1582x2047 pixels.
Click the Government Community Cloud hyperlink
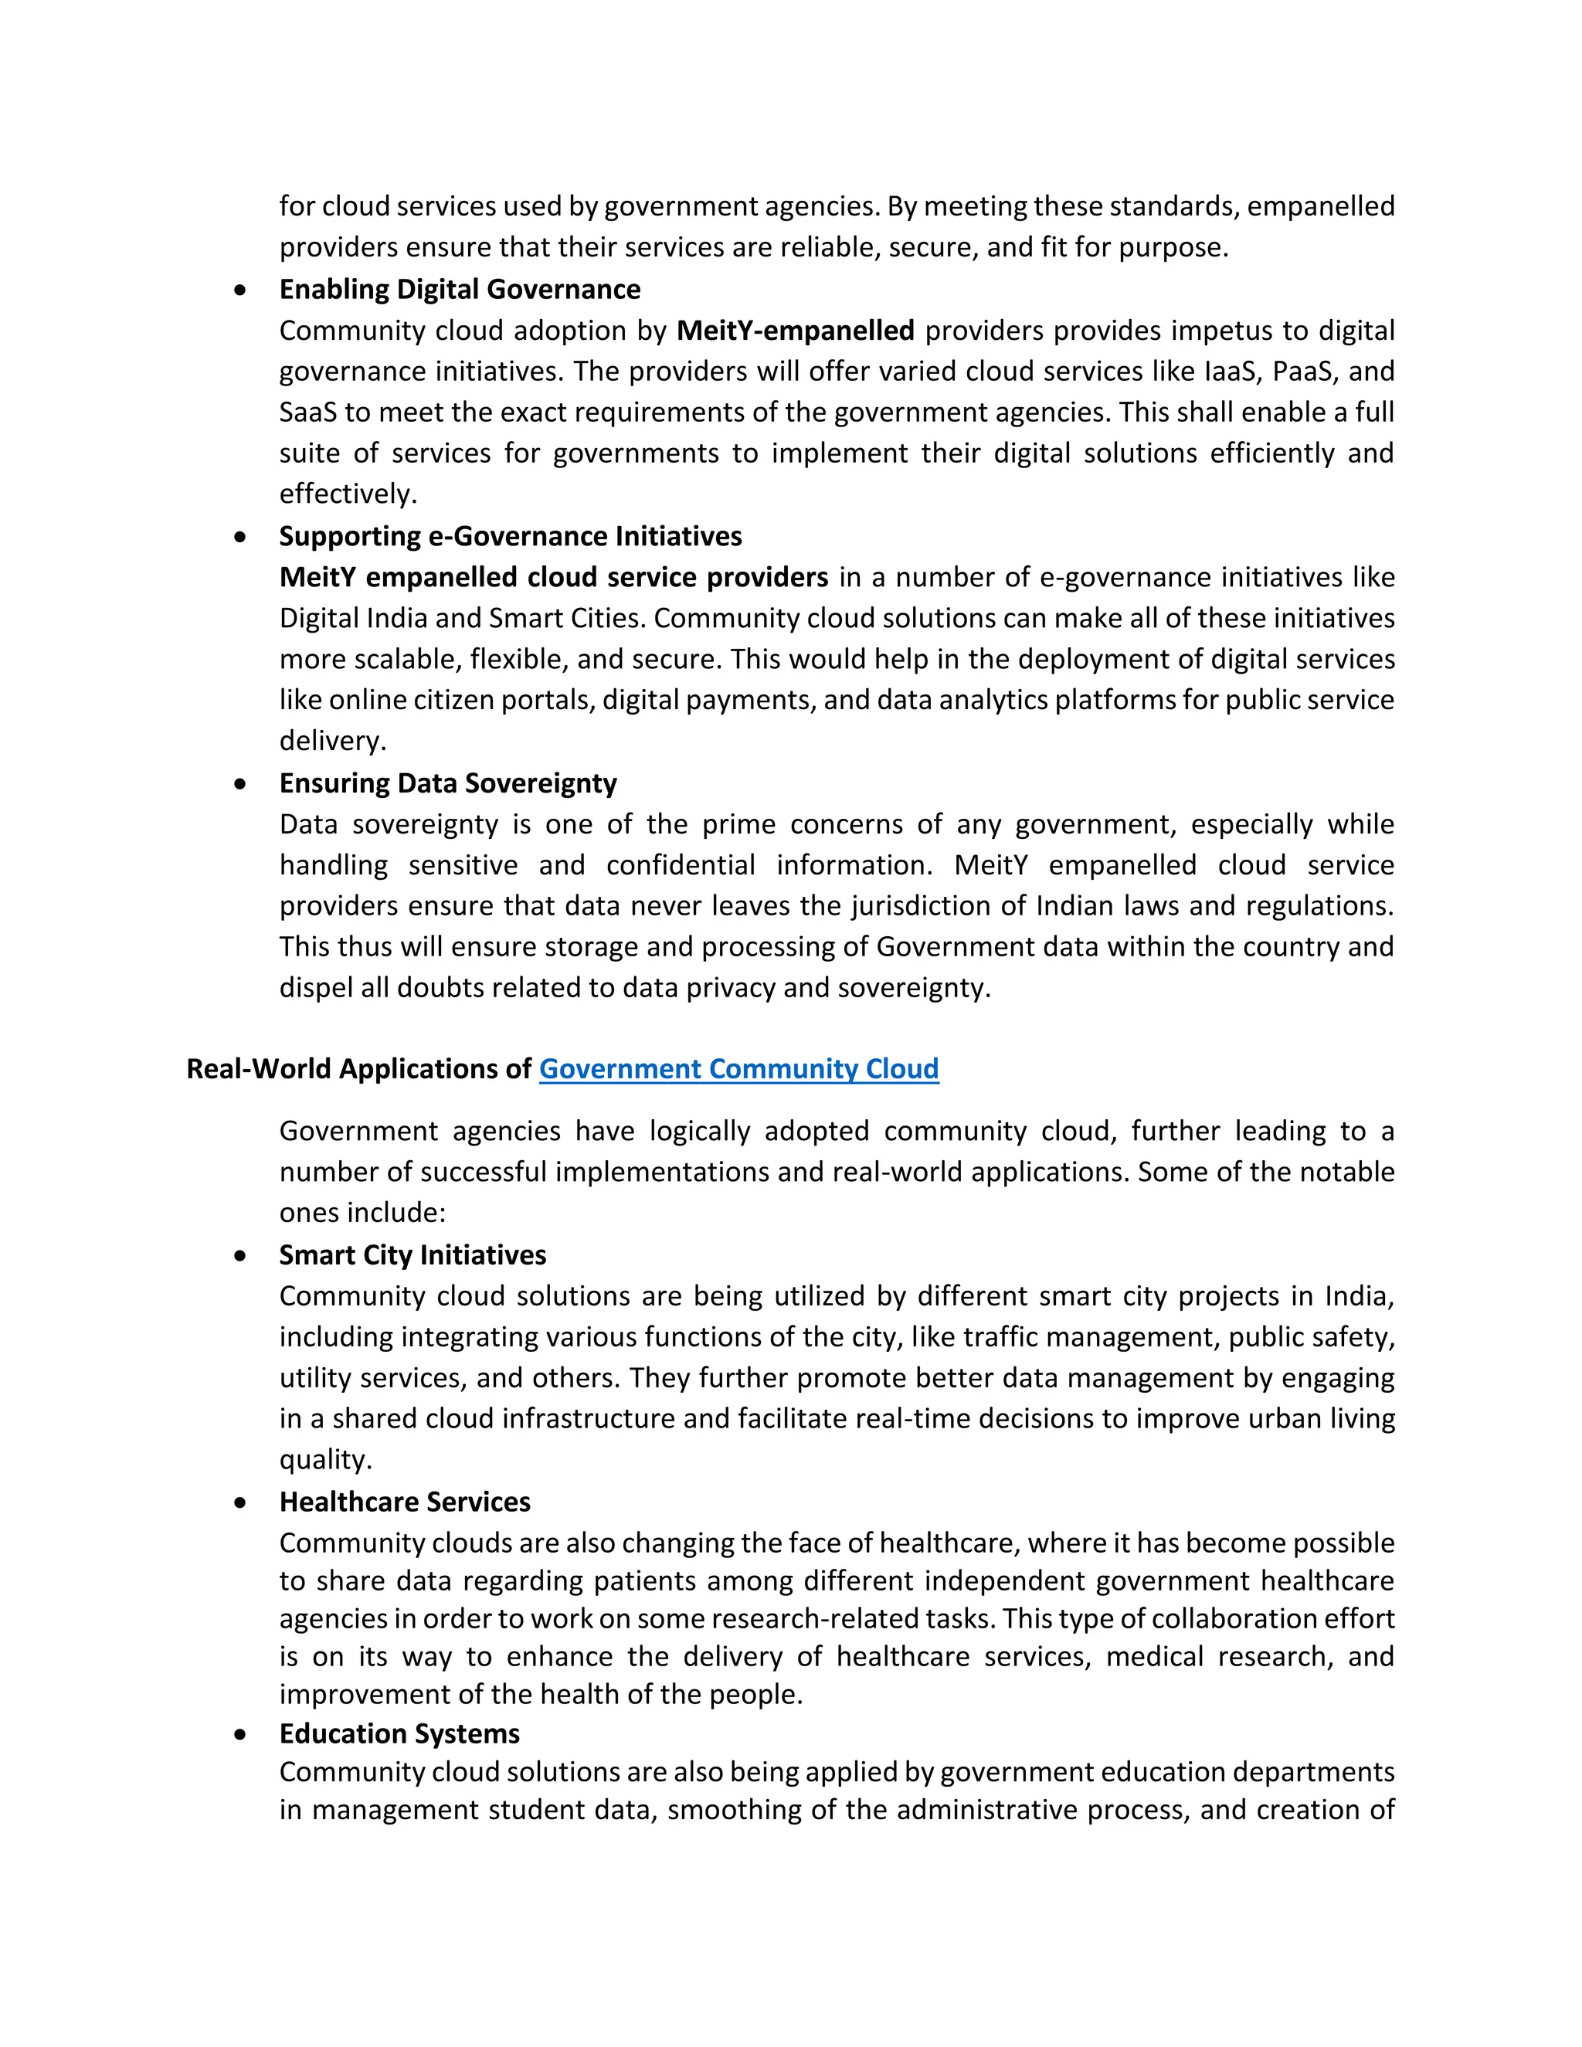coord(738,1068)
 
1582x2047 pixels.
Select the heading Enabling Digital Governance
coord(460,290)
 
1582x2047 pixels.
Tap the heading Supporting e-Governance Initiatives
coord(510,536)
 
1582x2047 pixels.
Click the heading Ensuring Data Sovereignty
coord(448,783)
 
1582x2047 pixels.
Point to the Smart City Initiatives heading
coord(412,1255)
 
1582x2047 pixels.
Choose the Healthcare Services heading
coord(405,1502)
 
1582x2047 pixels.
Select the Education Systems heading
coord(399,1733)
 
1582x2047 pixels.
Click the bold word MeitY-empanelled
coord(795,331)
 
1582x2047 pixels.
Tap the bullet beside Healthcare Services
coord(242,1502)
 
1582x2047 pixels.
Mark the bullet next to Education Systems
coord(242,1734)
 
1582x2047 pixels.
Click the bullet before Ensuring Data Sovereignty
coord(242,783)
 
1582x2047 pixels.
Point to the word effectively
coord(346,494)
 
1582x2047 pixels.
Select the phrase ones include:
coord(362,1213)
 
